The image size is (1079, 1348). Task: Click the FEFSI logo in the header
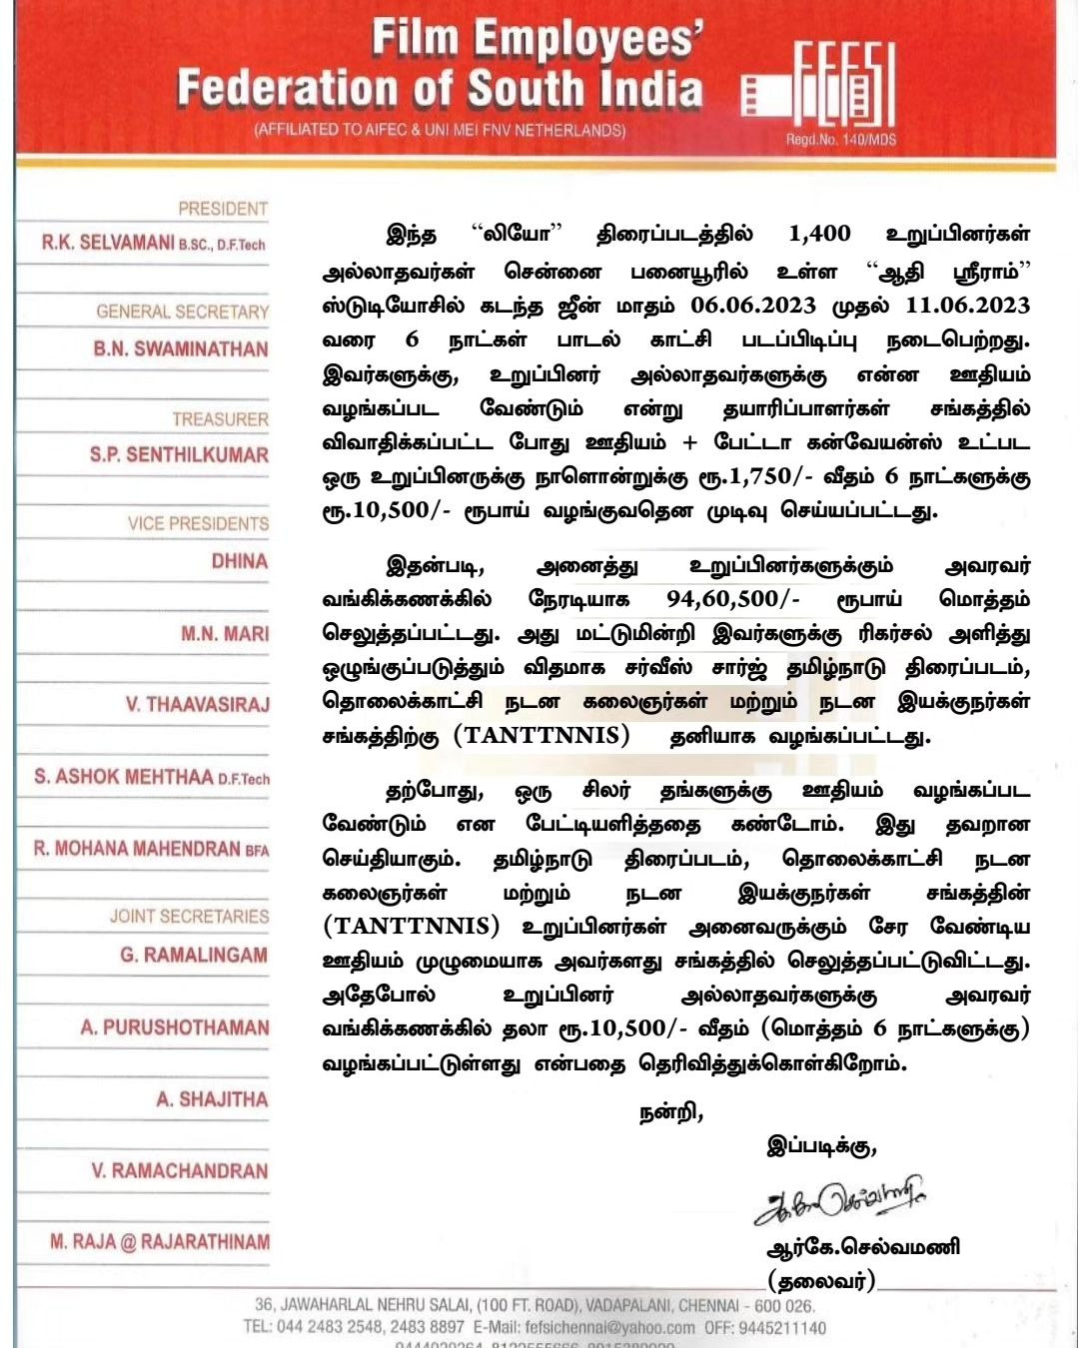819,91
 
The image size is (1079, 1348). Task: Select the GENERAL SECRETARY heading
182,312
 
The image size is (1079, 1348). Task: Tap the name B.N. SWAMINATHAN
181,349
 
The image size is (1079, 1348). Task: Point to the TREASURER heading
220,419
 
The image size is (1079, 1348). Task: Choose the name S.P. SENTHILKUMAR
179,455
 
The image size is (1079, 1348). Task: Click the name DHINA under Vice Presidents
240,561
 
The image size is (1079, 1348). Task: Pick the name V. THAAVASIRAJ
197,705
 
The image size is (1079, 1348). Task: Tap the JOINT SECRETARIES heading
189,917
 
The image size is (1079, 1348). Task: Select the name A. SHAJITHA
212,1099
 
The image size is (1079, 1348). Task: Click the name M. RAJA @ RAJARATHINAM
160,1242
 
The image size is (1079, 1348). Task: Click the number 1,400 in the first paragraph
819,236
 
